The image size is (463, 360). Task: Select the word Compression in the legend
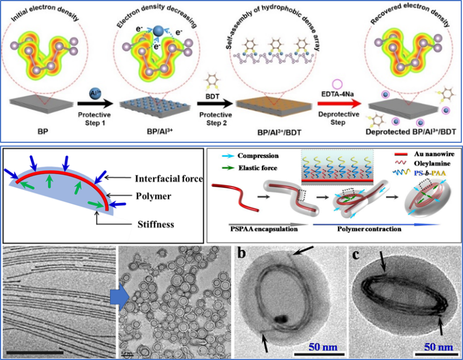[x=259, y=155]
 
